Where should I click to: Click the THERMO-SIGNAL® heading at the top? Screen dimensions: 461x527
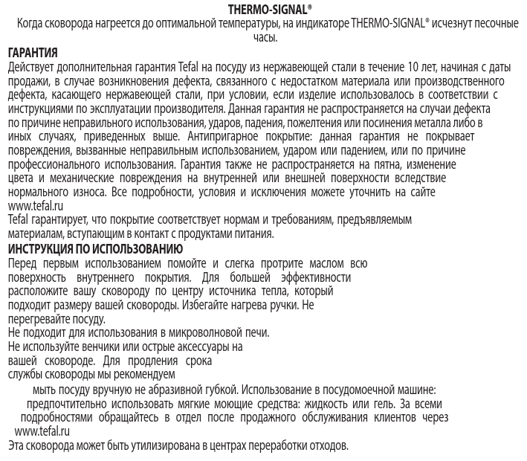tap(264, 8)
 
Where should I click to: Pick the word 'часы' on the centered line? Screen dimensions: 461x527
tap(264, 38)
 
